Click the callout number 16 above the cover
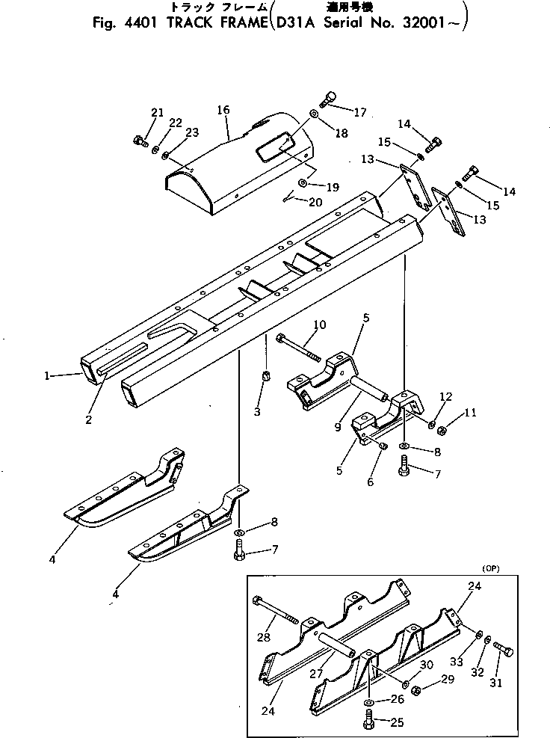pos(223,110)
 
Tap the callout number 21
pos(157,112)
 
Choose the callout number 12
pos(445,396)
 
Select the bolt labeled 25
pos(371,722)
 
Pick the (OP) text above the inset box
pos(490,569)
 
